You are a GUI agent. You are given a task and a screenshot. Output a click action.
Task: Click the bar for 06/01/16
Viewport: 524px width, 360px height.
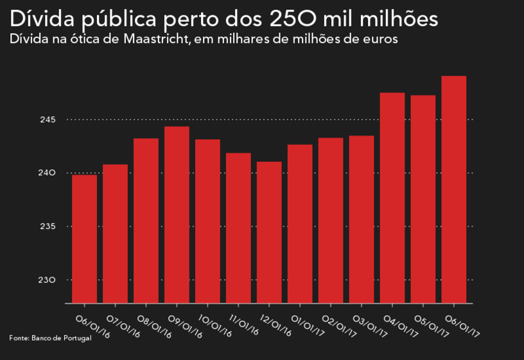pos(84,239)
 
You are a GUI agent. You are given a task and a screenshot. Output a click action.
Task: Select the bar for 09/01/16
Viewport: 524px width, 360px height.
pos(177,214)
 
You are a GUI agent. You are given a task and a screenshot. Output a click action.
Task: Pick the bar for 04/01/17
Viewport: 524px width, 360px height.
pos(392,198)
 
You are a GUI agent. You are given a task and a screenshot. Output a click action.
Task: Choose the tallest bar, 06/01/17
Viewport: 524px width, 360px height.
pos(454,189)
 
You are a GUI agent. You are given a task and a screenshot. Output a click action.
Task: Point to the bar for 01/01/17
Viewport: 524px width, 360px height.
pos(300,223)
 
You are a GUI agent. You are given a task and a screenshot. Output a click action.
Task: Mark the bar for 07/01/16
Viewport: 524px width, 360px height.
pos(115,234)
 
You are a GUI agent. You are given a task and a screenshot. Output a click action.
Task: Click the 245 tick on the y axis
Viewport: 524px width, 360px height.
pos(51,119)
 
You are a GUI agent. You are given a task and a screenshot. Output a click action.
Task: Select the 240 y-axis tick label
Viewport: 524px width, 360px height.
pos(51,173)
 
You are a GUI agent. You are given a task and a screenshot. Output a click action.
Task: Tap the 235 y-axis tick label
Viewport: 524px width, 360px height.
pos(51,227)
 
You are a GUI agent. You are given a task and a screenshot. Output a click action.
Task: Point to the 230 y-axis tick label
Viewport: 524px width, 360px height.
pos(51,280)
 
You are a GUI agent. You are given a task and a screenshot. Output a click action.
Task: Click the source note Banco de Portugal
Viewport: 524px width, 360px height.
pos(61,338)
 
